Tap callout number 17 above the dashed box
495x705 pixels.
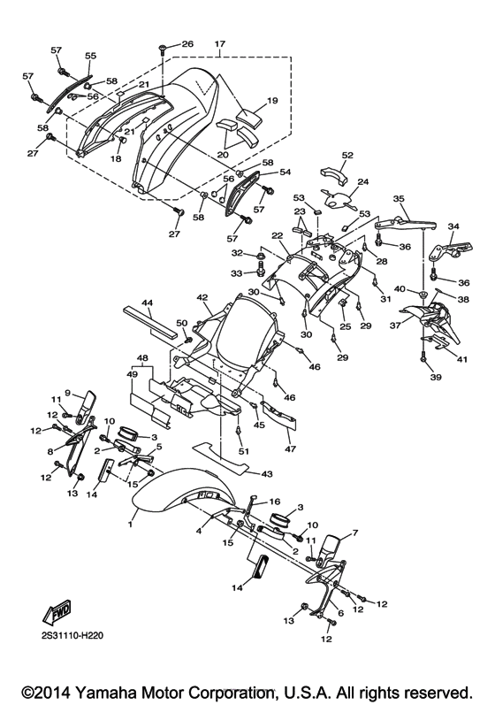point(219,44)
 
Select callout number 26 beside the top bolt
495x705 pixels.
point(187,43)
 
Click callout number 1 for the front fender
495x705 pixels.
point(130,525)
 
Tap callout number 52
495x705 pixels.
point(347,155)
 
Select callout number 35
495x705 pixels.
point(399,198)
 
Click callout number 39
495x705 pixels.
point(436,377)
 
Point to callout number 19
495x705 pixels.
point(272,100)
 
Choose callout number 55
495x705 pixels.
point(91,56)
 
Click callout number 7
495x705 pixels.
point(355,533)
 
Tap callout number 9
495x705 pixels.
point(67,392)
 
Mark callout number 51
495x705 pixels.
point(243,451)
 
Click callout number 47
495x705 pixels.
point(290,448)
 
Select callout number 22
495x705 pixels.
point(278,235)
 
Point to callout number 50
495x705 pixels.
point(181,323)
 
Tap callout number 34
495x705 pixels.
point(453,226)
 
